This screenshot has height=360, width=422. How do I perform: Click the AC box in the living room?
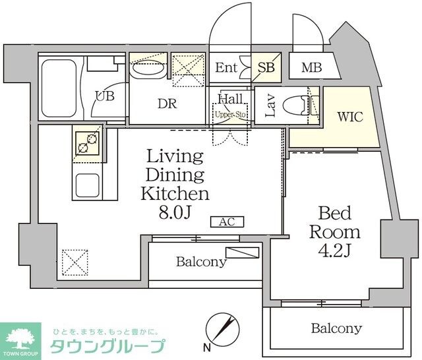coord(227,222)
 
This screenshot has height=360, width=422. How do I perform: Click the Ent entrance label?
coord(226,67)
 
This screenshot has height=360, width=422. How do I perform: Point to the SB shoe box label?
coord(266,67)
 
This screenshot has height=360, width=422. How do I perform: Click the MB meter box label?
coord(311,67)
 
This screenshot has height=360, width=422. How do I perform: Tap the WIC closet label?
coord(349,117)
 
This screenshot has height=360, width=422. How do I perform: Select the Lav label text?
coord(270,106)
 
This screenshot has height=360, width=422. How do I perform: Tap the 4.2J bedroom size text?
coord(340,251)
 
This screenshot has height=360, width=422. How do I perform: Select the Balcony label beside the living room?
coord(200,262)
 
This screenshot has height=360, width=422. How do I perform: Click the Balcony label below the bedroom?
coord(336,328)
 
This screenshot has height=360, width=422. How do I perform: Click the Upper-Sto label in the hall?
coord(229,114)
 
